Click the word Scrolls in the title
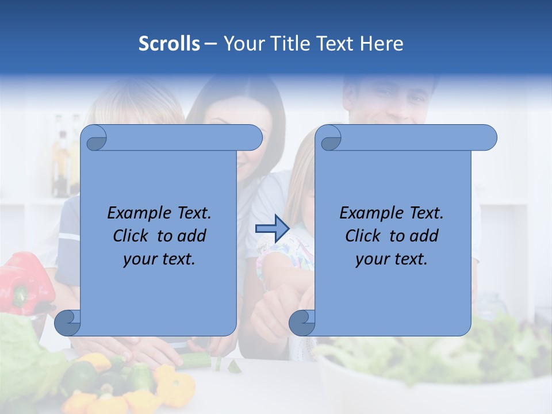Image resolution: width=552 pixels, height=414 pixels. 169,44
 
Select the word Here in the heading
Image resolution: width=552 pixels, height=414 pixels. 381,44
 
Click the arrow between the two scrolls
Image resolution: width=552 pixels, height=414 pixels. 272,229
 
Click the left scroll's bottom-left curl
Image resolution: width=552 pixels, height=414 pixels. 68,322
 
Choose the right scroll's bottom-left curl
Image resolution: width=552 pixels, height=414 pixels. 302,322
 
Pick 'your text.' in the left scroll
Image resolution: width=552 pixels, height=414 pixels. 159,259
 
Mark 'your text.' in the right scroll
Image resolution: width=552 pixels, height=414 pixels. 392,259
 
